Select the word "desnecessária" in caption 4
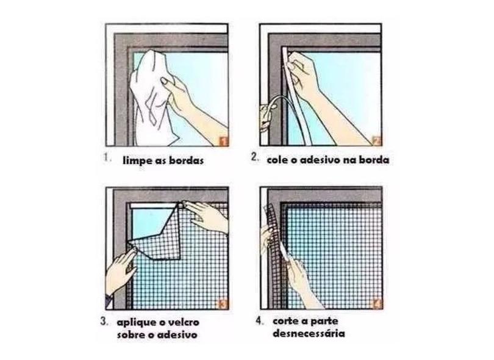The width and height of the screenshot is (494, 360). click(309, 333)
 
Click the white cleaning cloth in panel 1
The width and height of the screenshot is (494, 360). click(151, 101)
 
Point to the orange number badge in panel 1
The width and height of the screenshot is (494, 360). click(223, 141)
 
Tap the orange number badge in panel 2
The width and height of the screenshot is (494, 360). click(377, 140)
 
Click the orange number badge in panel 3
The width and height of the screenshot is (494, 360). click(223, 304)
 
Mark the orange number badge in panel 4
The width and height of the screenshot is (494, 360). click(378, 304)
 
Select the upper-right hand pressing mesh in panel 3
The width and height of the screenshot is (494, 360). click(208, 216)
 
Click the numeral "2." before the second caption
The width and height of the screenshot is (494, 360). click(254, 157)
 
